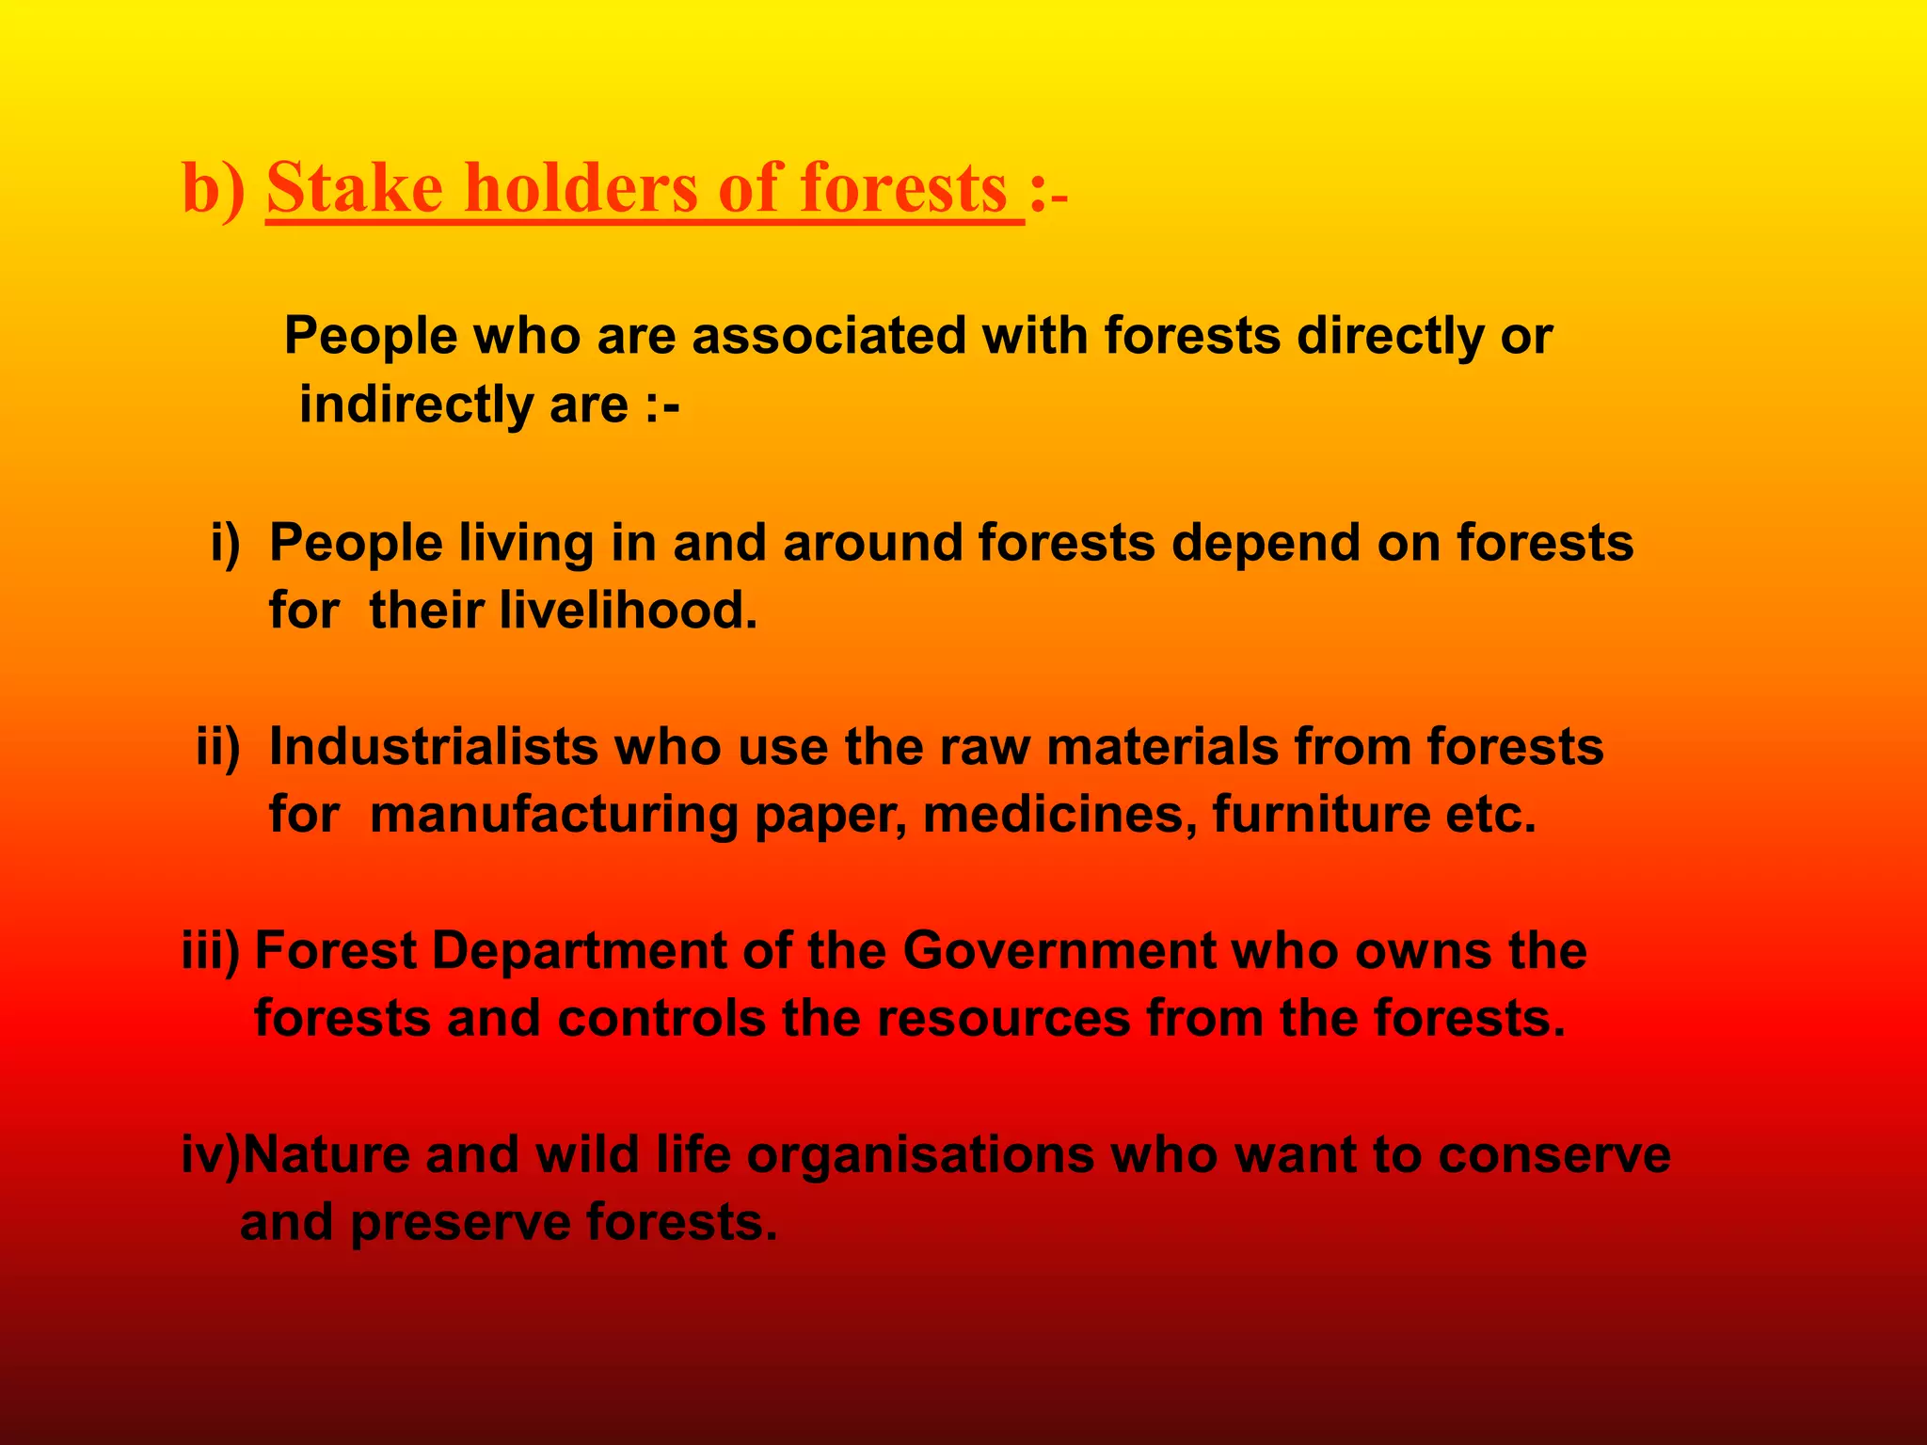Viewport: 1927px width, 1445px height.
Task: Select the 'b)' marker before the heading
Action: [213, 188]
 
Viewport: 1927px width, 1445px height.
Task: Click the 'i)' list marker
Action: [226, 543]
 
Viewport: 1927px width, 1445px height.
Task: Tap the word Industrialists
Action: [434, 747]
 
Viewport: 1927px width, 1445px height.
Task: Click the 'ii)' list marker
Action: [218, 747]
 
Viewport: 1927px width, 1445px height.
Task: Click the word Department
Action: [579, 951]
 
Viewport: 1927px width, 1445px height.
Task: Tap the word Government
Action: [1059, 951]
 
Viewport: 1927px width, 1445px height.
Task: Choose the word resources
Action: [1003, 1019]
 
